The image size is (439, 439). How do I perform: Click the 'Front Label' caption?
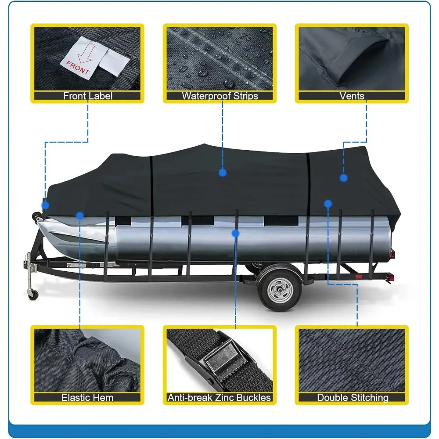(88, 96)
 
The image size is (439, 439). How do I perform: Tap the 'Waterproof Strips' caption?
(220, 96)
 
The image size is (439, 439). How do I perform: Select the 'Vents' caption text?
(352, 96)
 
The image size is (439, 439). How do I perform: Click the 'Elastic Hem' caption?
(87, 398)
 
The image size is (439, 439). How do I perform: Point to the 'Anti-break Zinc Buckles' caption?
(219, 398)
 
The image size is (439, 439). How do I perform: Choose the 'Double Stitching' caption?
(353, 398)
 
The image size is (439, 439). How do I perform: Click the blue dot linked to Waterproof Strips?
(223, 173)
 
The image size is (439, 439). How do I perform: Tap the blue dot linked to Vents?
(344, 178)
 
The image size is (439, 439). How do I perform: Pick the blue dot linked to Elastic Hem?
(79, 216)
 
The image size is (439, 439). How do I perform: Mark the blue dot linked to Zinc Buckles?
(235, 233)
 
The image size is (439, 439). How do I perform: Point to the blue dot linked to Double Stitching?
(328, 204)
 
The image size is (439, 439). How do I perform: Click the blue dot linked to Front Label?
(46, 205)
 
